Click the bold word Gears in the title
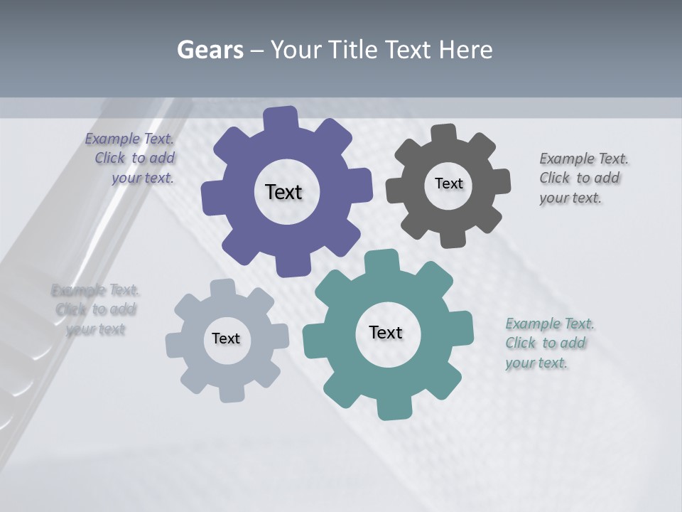pos(210,50)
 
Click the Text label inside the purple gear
pos(283,192)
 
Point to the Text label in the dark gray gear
pos(448,183)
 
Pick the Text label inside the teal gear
pos(386,332)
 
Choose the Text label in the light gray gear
pos(226,338)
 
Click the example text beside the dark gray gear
pos(583,178)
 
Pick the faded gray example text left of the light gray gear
pos(95,309)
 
